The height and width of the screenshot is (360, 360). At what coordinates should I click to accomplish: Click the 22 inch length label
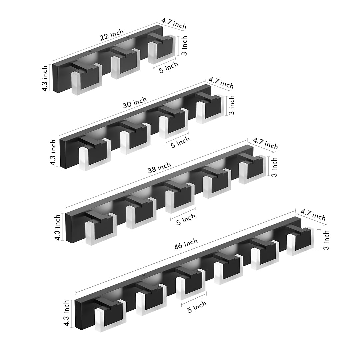click(x=112, y=35)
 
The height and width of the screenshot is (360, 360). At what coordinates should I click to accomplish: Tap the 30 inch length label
click(x=135, y=102)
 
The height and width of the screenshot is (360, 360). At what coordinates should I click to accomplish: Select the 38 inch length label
click(x=159, y=168)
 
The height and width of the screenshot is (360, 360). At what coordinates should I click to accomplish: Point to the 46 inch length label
click(x=186, y=244)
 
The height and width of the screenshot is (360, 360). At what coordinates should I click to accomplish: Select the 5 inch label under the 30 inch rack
click(x=180, y=142)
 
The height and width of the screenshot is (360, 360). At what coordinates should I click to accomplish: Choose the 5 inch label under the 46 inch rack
click(x=197, y=306)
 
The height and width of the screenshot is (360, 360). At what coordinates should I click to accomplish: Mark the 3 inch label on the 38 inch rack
click(x=274, y=167)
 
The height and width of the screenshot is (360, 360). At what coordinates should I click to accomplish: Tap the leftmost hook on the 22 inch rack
click(x=86, y=78)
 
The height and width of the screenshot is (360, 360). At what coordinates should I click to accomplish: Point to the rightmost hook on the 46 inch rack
click(x=300, y=241)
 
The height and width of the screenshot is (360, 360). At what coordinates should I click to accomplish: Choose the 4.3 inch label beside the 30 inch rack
click(x=53, y=153)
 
